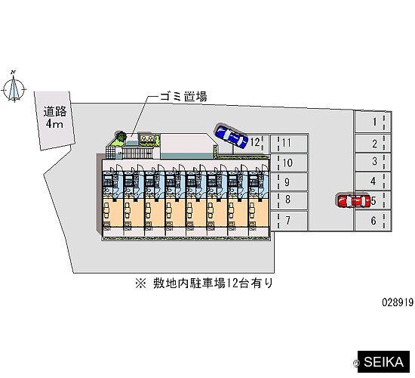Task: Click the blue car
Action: [x=232, y=136]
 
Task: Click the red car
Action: [x=353, y=201]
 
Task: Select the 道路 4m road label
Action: [x=55, y=117]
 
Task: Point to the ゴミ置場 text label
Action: [x=183, y=97]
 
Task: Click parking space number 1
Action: [x=373, y=122]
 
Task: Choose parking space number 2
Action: [x=373, y=144]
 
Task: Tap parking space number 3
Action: [x=373, y=162]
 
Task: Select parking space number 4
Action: [x=373, y=181]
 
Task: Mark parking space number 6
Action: [x=373, y=221]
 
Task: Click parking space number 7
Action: [x=289, y=221]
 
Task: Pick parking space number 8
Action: [x=289, y=200]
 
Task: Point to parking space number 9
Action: [x=289, y=182]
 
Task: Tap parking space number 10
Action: [x=289, y=163]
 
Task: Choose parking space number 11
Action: [x=289, y=143]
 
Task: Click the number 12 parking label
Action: [x=255, y=142]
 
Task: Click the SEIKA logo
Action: [x=383, y=362]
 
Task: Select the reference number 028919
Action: [x=398, y=302]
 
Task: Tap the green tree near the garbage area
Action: [x=121, y=136]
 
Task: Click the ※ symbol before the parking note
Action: [x=140, y=283]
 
